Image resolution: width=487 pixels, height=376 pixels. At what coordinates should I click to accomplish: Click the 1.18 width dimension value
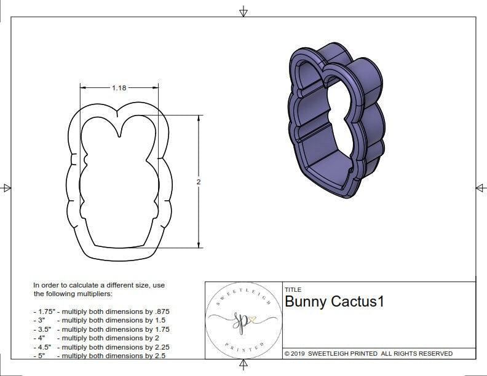point(119,88)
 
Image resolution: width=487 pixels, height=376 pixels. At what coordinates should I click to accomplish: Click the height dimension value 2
point(199,182)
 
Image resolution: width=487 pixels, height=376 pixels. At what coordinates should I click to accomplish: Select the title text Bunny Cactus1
point(334,302)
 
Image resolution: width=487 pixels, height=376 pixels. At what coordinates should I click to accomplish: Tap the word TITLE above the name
point(293,289)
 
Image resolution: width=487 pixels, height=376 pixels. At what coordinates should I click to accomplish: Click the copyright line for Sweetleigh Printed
point(368,353)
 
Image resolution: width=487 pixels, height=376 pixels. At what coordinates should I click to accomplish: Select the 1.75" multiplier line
point(101,311)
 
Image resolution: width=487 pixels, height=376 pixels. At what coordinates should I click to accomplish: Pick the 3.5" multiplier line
point(101,329)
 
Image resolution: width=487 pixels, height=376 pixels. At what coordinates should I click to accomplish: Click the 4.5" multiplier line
point(101,347)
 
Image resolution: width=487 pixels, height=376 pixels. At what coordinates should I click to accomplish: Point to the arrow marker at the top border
point(244,11)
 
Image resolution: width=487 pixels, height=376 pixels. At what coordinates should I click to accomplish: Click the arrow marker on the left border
point(6,187)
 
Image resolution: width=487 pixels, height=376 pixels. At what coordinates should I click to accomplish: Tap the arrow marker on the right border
point(481,187)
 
